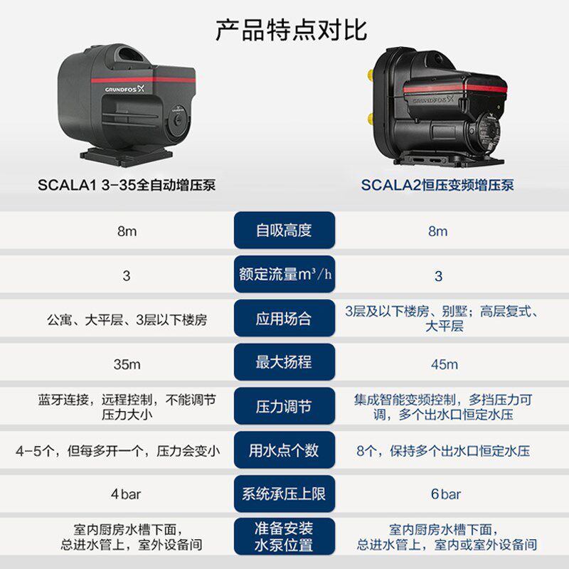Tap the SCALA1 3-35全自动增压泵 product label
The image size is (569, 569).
point(127,186)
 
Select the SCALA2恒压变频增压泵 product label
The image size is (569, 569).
point(437,186)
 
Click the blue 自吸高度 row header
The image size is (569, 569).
point(284,230)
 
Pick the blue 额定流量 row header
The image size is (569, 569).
point(284,275)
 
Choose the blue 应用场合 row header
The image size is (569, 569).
point(284,319)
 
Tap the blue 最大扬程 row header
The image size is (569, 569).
point(284,363)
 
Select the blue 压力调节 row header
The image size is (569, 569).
point(284,407)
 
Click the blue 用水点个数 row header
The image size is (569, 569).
point(284,450)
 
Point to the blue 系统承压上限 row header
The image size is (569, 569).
point(284,494)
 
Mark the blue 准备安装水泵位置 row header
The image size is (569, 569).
point(284,537)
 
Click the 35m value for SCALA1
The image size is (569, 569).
point(127,364)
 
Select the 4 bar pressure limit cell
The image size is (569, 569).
point(127,494)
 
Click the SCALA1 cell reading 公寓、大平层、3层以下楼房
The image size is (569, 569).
point(127,319)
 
